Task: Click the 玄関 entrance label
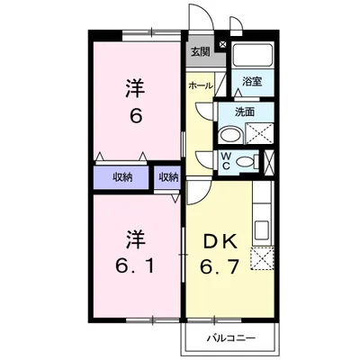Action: (199, 52)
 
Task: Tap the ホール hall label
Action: (200, 85)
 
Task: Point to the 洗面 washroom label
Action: (245, 112)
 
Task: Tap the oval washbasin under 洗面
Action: (229, 135)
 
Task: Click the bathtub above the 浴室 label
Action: (254, 56)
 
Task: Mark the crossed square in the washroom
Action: (260, 135)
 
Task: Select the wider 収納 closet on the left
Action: (122, 177)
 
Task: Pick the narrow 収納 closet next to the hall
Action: (168, 177)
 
